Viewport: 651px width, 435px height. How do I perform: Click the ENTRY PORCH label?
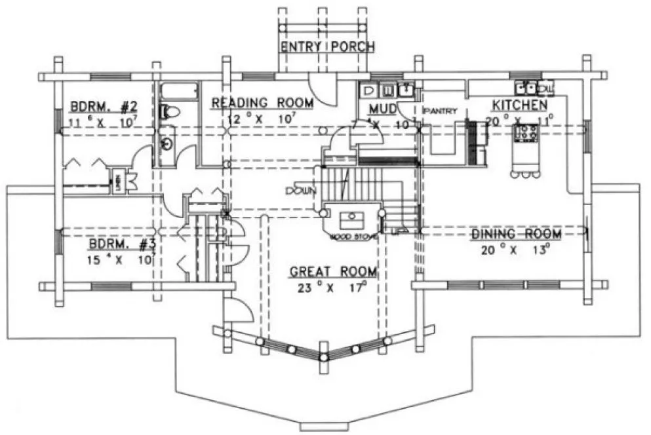tap(327, 47)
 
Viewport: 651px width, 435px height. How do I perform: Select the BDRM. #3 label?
tap(122, 244)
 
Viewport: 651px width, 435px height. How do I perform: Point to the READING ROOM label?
tap(262, 103)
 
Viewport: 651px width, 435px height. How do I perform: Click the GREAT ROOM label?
tap(334, 271)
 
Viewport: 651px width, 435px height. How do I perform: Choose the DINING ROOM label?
tap(516, 234)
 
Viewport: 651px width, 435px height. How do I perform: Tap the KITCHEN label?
tap(520, 105)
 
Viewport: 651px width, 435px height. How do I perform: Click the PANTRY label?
tap(439, 111)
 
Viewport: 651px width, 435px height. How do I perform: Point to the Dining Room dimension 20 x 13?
tap(516, 249)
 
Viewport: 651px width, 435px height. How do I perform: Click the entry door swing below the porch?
tap(323, 85)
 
